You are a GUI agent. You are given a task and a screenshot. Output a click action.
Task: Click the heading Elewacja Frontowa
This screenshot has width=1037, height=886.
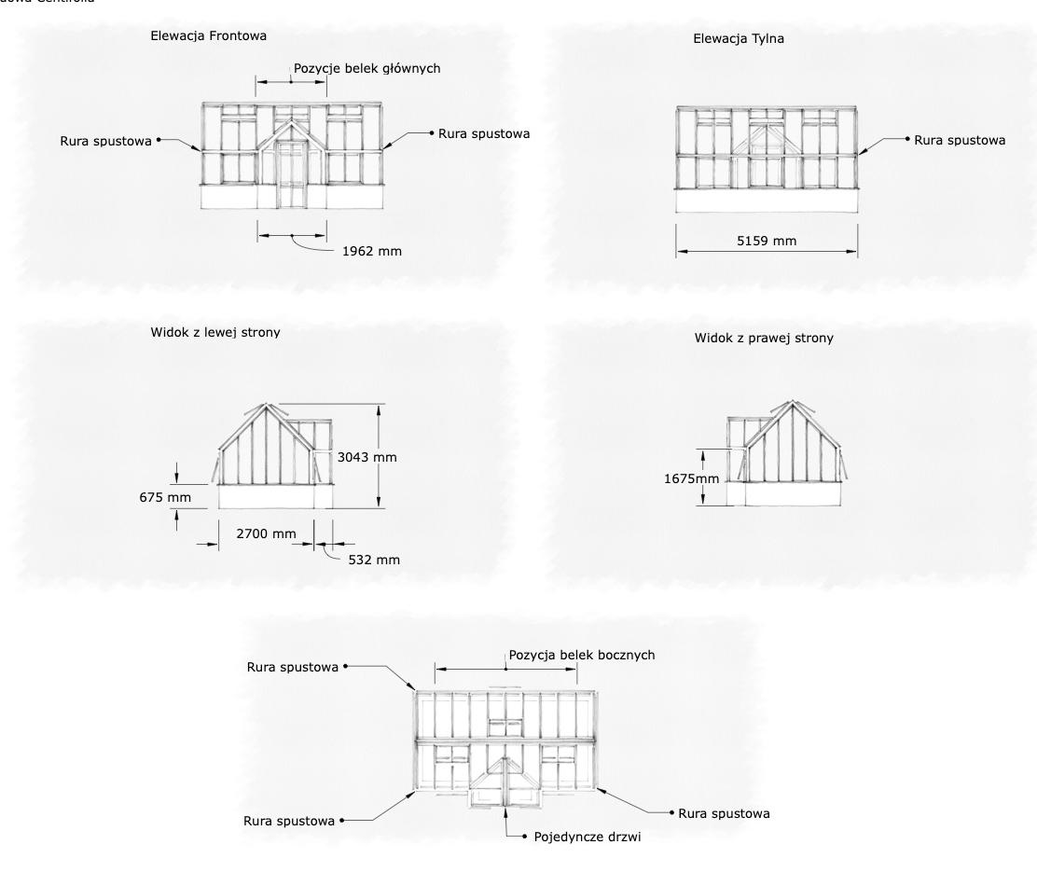pos(209,36)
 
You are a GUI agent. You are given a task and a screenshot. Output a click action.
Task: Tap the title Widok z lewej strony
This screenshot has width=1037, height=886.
pos(214,332)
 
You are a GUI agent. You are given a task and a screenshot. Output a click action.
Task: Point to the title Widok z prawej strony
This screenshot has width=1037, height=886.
pos(764,339)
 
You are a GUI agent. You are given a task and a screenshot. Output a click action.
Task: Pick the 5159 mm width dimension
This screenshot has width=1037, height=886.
pos(767,241)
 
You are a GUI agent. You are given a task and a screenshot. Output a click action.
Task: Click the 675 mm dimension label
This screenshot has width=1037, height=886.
pos(165,497)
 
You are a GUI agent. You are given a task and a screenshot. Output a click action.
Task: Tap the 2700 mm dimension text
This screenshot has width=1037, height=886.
pos(266,533)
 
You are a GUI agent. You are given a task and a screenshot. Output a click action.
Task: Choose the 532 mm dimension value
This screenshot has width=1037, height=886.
pos(374,560)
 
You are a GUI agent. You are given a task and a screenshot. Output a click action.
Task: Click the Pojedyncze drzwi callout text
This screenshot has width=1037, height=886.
pos(588,837)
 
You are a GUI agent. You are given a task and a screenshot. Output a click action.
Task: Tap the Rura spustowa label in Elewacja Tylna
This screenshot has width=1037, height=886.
pos(960,140)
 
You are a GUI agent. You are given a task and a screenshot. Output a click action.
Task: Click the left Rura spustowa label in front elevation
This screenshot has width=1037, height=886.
pos(105,142)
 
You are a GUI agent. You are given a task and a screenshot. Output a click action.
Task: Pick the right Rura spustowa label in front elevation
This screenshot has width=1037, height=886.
pos(484,133)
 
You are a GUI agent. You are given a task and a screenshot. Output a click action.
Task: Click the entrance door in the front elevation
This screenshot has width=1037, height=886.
pos(291,177)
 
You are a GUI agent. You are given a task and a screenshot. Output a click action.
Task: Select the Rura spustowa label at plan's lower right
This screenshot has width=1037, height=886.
pos(724,813)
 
